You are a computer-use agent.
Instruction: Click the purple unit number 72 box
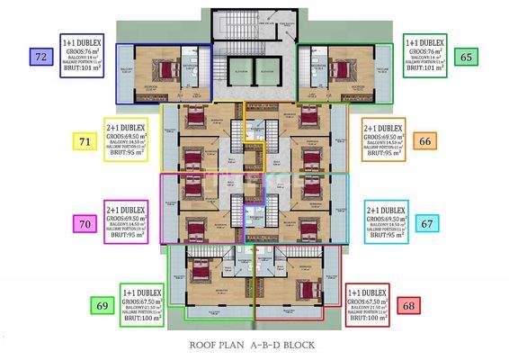(x=40, y=57)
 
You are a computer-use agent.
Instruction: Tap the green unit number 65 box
(x=465, y=57)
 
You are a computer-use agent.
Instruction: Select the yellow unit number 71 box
(x=85, y=141)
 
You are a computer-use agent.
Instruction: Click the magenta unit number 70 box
(x=85, y=224)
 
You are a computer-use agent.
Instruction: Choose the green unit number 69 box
(x=102, y=307)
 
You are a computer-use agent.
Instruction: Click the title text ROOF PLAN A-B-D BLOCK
(x=254, y=345)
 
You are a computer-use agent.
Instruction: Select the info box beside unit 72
(x=83, y=57)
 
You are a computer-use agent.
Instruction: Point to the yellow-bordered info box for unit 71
(x=126, y=139)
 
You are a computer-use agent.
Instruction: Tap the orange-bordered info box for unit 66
(x=384, y=139)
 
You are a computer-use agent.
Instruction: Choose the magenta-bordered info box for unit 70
(x=126, y=221)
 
